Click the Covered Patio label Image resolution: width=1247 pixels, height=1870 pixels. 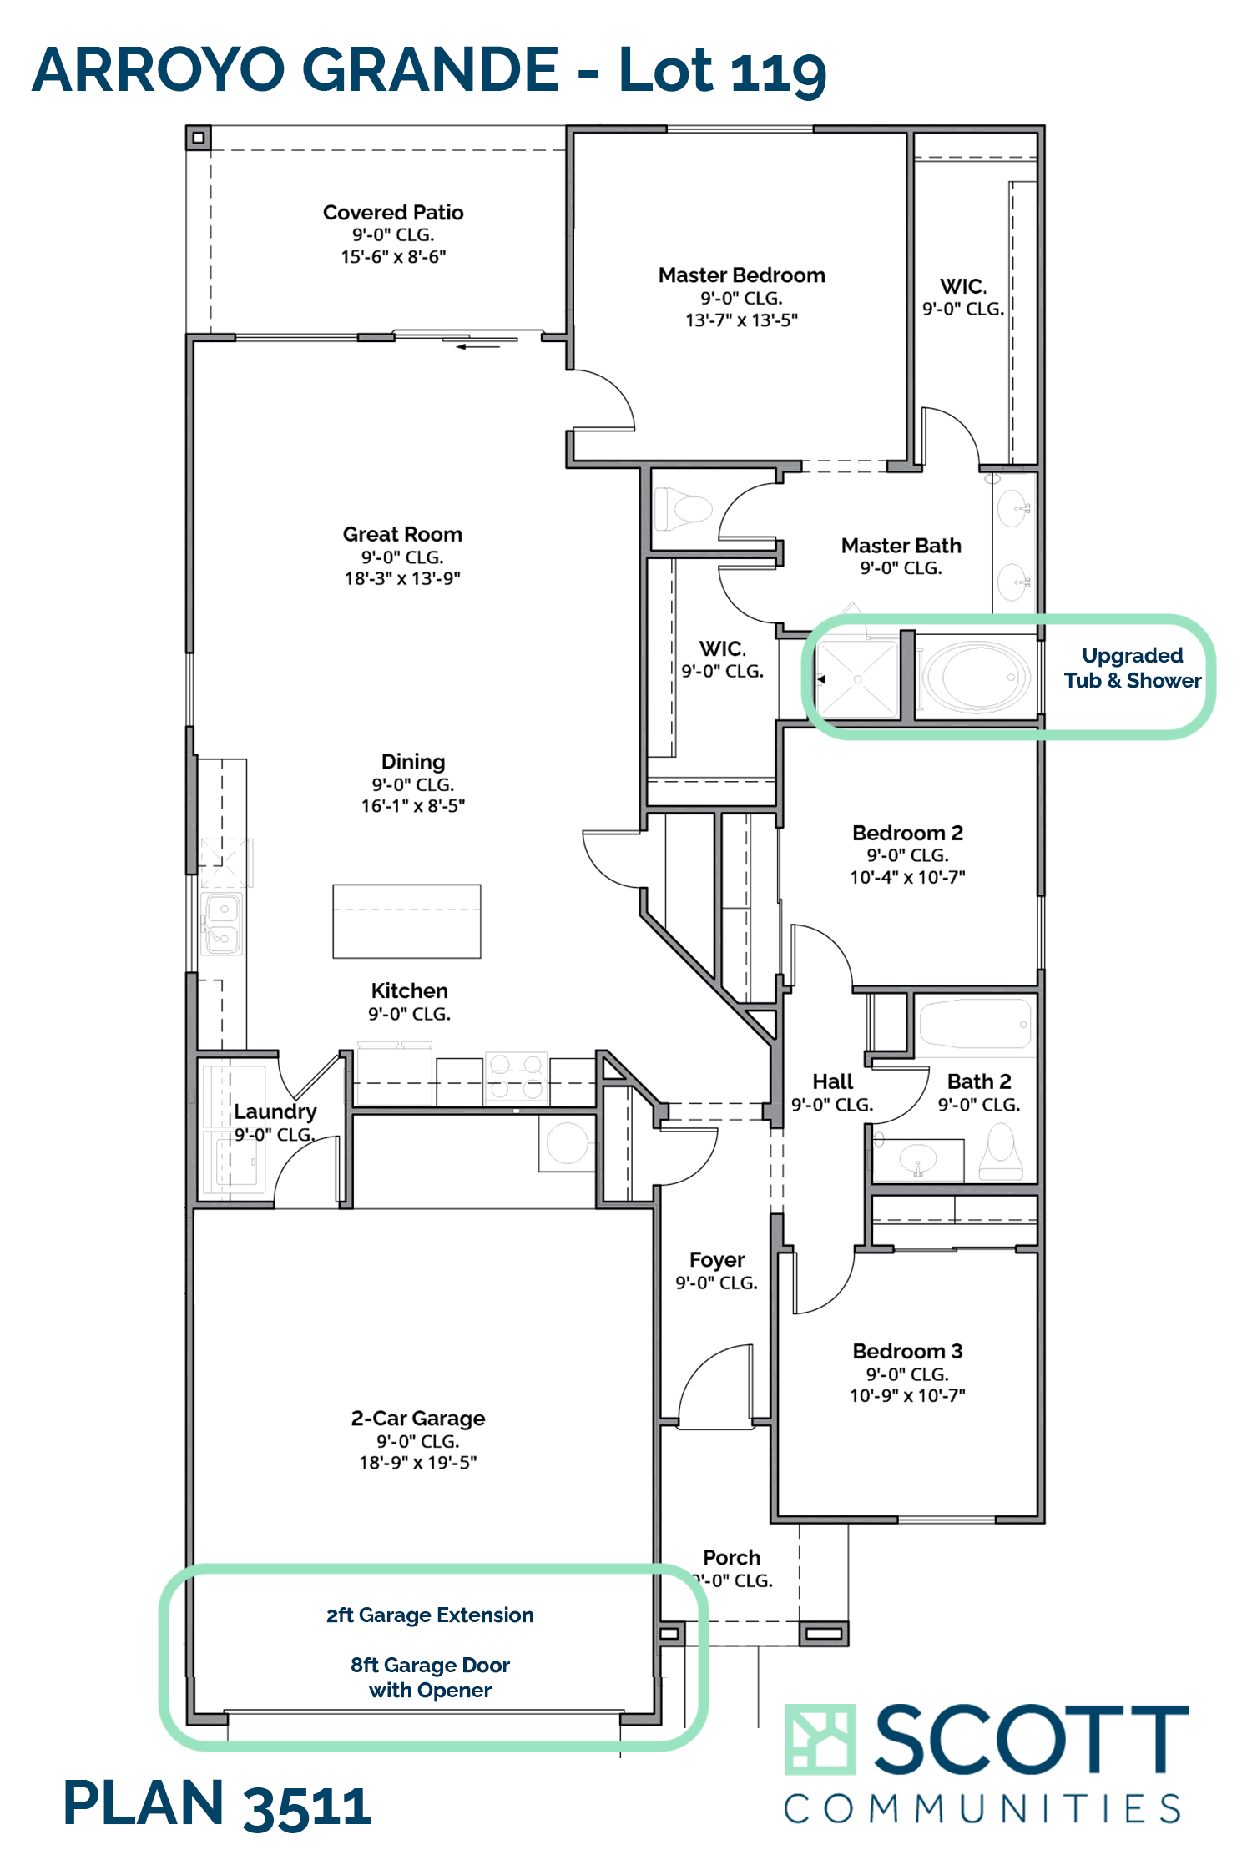[393, 213]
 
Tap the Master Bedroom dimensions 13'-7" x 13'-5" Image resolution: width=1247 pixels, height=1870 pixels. [741, 320]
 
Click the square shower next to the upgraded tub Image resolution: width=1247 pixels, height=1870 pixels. [858, 678]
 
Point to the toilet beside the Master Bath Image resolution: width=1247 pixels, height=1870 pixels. [683, 509]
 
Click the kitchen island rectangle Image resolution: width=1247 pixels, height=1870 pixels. [406, 921]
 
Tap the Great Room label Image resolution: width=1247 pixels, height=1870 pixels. [402, 534]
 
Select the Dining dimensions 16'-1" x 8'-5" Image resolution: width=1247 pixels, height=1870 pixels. [413, 806]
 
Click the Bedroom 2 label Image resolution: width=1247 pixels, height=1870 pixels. [907, 833]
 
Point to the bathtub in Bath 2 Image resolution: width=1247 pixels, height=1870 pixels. [975, 1023]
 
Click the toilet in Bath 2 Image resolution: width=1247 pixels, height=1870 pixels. [1001, 1152]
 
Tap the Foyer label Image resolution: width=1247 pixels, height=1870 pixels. [717, 1260]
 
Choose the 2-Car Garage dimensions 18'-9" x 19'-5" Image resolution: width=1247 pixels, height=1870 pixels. [418, 1463]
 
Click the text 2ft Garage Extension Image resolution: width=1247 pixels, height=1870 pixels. [430, 1615]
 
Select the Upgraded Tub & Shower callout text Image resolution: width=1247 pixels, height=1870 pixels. [1133, 668]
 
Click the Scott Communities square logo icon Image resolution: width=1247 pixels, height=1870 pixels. [820, 1739]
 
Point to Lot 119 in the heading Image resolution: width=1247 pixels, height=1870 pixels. [723, 70]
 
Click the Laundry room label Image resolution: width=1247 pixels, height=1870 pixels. [275, 1111]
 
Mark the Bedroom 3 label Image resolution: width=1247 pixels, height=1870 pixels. [907, 1351]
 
